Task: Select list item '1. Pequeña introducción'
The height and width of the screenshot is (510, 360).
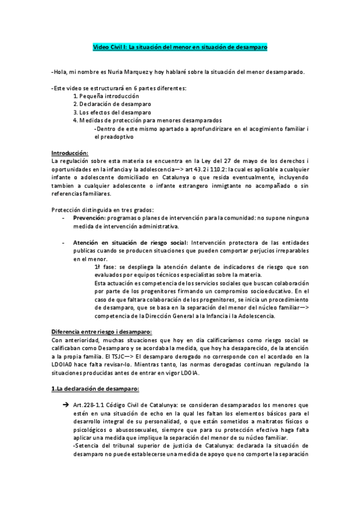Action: pos(106,96)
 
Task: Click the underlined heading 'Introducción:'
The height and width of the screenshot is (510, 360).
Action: pos(70,153)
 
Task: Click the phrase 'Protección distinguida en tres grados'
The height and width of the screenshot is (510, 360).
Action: pos(100,209)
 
